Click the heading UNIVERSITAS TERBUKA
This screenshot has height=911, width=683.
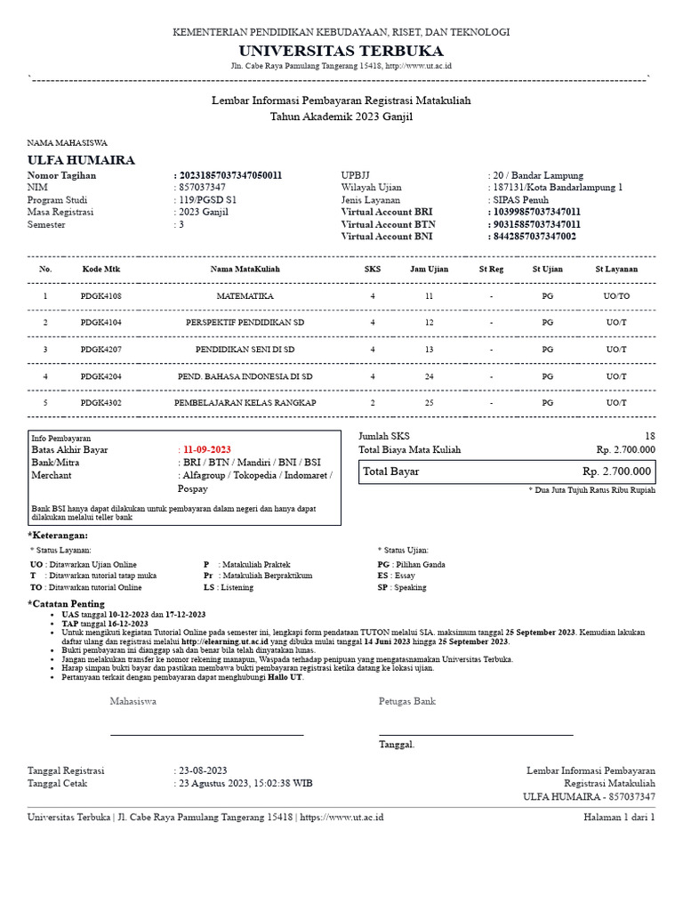click(x=341, y=50)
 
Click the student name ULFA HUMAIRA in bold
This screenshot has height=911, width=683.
click(x=82, y=160)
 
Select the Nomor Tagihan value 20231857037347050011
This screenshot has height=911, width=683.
click(x=230, y=176)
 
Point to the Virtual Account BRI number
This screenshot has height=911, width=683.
click(x=535, y=213)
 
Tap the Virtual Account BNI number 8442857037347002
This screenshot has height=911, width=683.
click(x=534, y=237)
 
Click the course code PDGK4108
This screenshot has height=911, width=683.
click(x=100, y=295)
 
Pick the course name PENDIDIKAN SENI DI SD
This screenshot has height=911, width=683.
click(x=245, y=350)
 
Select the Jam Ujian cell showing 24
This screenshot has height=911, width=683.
click(x=429, y=376)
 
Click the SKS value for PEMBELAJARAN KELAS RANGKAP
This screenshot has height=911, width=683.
click(x=373, y=403)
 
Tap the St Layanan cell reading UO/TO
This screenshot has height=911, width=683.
click(x=616, y=295)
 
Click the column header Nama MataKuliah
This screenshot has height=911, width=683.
click(x=245, y=269)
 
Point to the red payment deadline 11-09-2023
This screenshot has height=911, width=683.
click(x=206, y=450)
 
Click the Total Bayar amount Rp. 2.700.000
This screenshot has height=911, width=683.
click(x=617, y=472)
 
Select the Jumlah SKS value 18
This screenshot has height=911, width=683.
click(x=649, y=436)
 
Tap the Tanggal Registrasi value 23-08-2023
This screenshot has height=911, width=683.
click(x=203, y=770)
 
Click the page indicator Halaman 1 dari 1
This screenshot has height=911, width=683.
click(x=619, y=817)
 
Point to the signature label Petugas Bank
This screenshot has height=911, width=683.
click(x=407, y=701)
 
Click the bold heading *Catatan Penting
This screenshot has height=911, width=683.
click(x=67, y=604)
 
